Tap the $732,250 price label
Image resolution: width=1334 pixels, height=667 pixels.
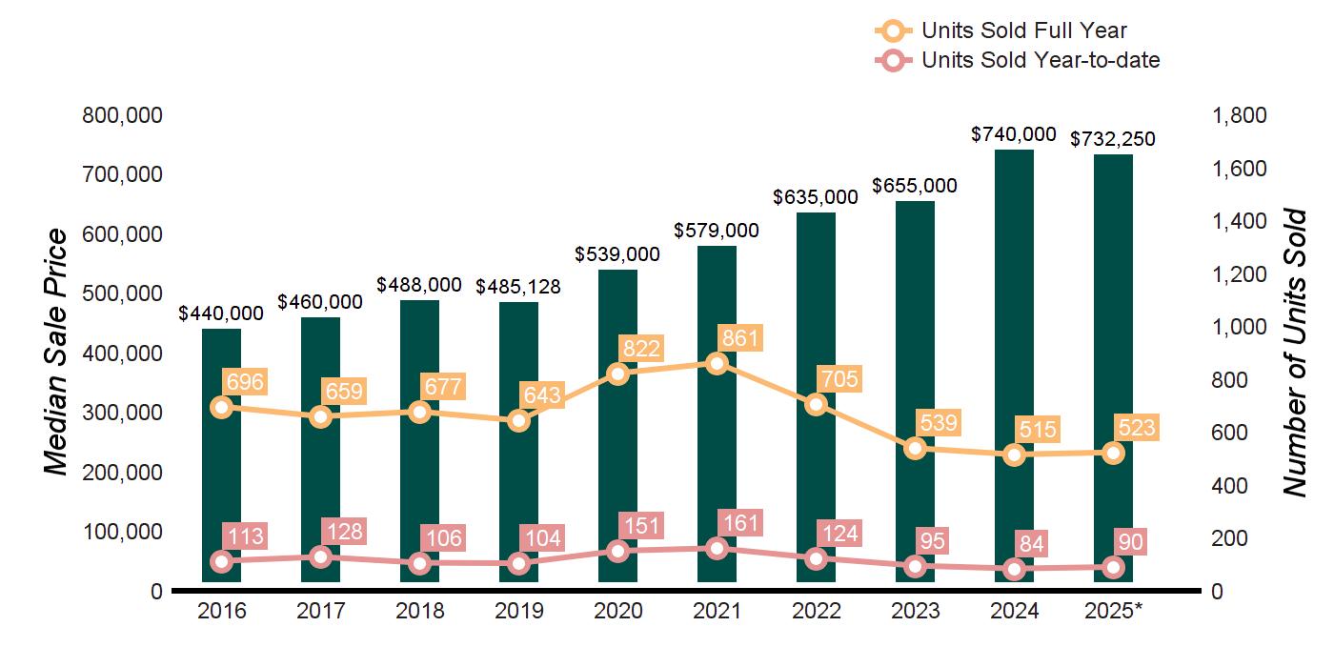(x=1113, y=139)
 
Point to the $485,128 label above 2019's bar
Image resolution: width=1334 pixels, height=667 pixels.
(x=518, y=286)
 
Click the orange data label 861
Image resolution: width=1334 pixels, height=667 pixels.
(x=740, y=338)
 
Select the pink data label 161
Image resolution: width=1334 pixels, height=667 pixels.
(x=740, y=522)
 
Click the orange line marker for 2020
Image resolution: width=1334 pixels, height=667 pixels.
(x=617, y=374)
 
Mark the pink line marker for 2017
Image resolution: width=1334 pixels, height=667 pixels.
(x=320, y=557)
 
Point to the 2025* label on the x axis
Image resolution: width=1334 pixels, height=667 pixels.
(x=1113, y=611)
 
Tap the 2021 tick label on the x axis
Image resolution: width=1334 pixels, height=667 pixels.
(x=717, y=611)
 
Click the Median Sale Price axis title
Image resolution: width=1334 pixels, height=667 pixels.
(x=57, y=353)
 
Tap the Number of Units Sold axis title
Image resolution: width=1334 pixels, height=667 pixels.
(x=1293, y=353)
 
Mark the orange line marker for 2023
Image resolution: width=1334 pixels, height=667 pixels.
(x=915, y=448)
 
